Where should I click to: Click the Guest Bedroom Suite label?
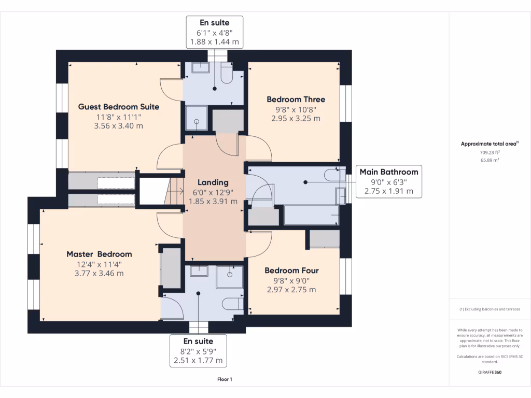(x=119, y=107)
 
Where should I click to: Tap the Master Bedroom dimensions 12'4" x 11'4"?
(x=99, y=264)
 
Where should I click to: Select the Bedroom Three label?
(x=296, y=99)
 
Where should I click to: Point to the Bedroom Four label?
(x=291, y=271)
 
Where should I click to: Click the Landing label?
(x=213, y=183)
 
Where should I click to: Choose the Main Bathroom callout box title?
(x=389, y=172)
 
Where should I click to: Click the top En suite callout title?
(x=214, y=23)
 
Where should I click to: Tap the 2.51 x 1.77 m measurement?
(x=198, y=361)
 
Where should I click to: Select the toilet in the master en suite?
(x=233, y=304)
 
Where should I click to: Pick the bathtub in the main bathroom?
(x=311, y=215)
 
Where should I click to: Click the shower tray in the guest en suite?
(x=197, y=118)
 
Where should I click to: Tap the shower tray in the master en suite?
(x=230, y=277)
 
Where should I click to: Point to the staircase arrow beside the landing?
(x=175, y=192)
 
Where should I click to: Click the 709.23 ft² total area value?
(x=490, y=152)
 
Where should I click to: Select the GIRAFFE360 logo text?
(x=490, y=372)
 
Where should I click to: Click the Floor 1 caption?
(x=225, y=379)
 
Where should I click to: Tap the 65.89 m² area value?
(x=490, y=160)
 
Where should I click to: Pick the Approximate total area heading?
(x=490, y=144)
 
